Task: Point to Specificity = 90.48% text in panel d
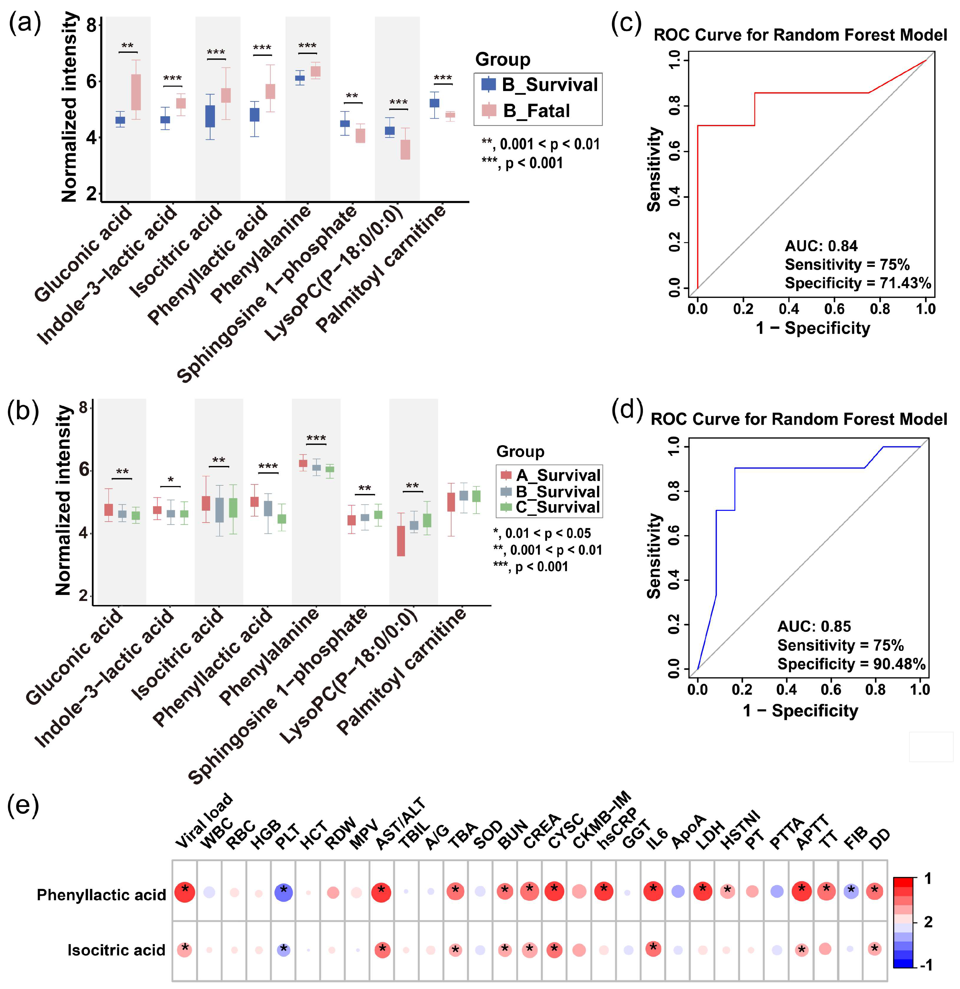click(851, 664)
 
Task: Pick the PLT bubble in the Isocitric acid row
click(284, 950)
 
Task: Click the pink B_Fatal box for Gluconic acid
click(136, 92)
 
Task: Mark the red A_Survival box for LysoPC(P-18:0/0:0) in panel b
click(401, 541)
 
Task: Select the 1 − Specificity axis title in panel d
click(800, 711)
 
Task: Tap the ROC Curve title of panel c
click(800, 35)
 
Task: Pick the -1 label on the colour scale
click(926, 965)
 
